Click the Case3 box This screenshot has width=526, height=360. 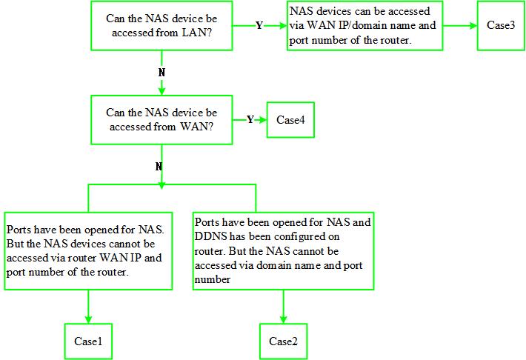click(501, 25)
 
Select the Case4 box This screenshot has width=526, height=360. click(290, 120)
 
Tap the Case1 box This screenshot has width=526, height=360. click(87, 341)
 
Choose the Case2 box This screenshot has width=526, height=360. click(283, 341)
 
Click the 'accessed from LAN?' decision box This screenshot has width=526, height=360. click(162, 26)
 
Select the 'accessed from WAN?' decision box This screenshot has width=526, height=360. click(162, 119)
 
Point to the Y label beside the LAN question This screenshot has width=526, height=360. click(259, 26)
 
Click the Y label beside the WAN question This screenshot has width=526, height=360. click(250, 120)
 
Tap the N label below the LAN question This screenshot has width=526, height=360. click(162, 73)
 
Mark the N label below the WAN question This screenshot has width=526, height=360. click(159, 167)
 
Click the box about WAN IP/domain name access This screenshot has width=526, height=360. click(364, 26)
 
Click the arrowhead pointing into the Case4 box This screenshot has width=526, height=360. click(263, 120)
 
